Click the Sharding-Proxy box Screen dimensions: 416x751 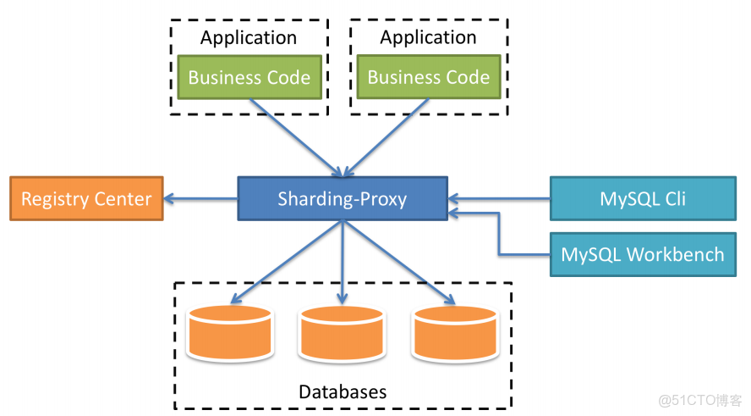342,200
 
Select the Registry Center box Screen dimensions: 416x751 86,199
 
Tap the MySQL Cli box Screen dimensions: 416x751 643,199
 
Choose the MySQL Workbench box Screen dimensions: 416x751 643,254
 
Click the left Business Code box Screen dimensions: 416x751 249,77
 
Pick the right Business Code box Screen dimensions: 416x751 429,77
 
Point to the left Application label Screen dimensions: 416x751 249,37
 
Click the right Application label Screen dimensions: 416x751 429,37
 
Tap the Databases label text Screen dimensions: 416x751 343,392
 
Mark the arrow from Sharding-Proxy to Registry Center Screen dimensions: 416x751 200,200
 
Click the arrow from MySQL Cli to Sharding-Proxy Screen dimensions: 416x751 499,200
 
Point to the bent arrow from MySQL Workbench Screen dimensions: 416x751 499,233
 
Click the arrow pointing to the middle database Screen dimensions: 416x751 342,263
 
